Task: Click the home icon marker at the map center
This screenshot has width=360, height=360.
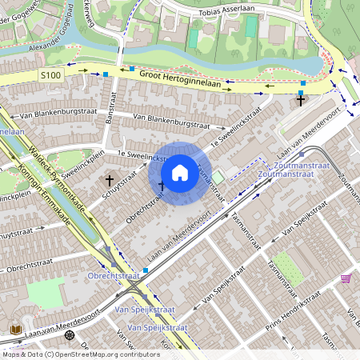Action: [180, 173]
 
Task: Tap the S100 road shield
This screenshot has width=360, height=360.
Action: [50, 74]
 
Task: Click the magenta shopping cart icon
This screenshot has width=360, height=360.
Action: [346, 278]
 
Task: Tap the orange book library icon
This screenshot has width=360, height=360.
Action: [15, 329]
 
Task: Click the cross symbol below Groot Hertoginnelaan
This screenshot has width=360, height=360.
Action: [301, 100]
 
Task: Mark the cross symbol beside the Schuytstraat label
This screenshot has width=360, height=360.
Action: [109, 182]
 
